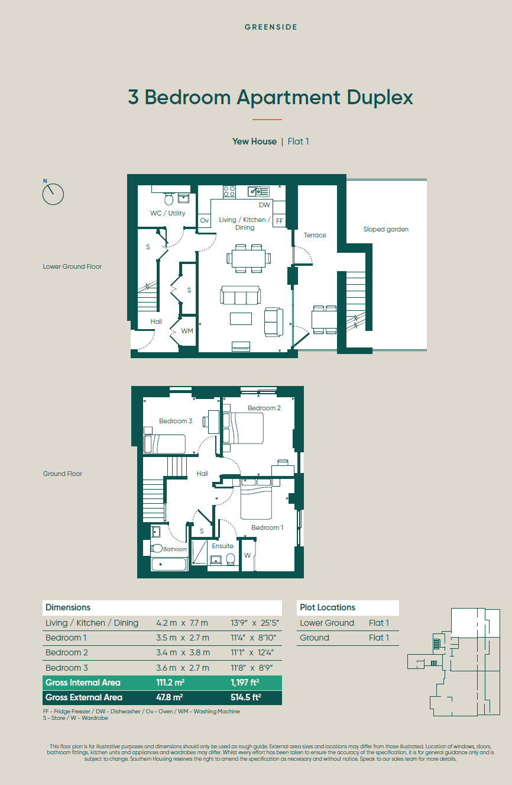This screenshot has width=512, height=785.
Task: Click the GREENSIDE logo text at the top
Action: point(271,27)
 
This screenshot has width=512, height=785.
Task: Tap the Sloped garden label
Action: point(385,229)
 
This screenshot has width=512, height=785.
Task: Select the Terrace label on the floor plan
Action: point(315,235)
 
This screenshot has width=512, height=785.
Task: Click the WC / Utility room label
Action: point(168,213)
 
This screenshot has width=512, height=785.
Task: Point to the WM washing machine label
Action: point(187,331)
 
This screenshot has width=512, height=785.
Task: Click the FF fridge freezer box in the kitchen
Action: point(279,220)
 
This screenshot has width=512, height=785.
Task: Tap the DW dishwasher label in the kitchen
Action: point(264,205)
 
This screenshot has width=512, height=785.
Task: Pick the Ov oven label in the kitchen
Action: point(205,220)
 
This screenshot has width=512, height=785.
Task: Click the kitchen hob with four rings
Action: point(229,191)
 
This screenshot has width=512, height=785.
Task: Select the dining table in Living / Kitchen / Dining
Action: point(248,258)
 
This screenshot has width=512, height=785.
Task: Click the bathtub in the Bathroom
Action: point(168,564)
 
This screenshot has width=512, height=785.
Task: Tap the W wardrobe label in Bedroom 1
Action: point(247,555)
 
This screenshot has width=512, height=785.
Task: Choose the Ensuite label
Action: point(222,546)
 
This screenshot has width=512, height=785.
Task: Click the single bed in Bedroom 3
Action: point(164,444)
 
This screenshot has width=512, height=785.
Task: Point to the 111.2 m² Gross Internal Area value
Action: point(170,683)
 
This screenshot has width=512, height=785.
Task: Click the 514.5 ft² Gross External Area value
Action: point(246,697)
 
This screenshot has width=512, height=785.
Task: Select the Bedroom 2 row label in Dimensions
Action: point(66,652)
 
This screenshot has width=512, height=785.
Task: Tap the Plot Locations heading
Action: point(327,607)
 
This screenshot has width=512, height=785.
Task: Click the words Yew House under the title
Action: point(254,141)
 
